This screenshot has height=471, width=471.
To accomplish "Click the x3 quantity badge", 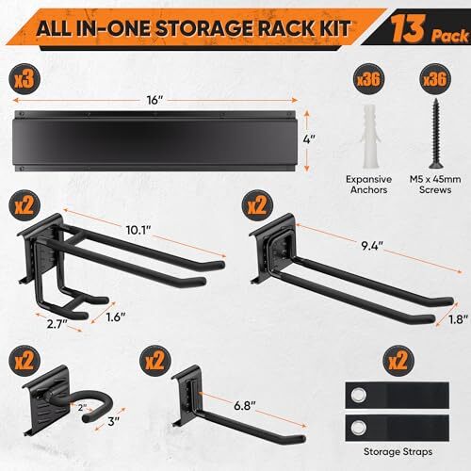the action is (24, 79).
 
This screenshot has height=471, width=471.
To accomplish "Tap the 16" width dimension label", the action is (154, 101).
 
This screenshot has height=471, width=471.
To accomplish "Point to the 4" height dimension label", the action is (309, 139).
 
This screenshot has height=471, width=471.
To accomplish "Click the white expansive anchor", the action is (369, 137).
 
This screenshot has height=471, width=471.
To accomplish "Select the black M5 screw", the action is (435, 134).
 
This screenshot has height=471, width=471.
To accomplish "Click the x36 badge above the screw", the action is (435, 79).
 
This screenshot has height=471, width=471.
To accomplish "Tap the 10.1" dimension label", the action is (138, 230).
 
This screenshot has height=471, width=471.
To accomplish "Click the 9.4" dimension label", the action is (372, 246).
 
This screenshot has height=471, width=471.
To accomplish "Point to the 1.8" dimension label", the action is (458, 319).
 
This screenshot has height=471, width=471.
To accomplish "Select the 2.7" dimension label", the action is (57, 324).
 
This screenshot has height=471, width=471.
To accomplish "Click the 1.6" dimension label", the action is (116, 317).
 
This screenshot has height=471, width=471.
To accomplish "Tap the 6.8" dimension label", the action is (245, 406).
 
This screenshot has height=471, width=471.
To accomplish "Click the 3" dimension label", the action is (114, 421).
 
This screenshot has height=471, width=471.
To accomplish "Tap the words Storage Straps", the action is (398, 452).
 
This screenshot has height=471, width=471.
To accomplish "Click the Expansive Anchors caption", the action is (369, 185).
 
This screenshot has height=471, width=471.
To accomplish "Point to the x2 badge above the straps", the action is (398, 360).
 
